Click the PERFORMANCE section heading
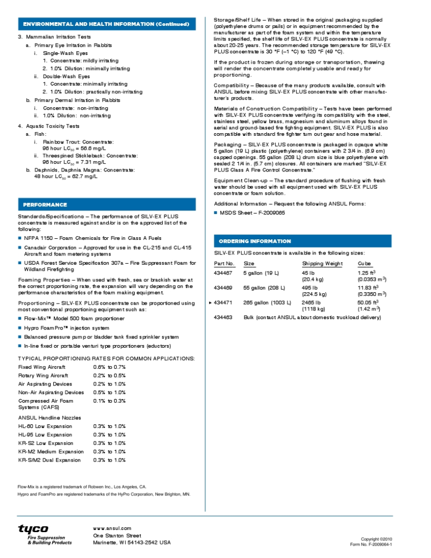(x=45, y=205)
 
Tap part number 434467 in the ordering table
(x=224, y=273)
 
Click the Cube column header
(x=364, y=264)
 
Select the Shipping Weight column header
(x=322, y=264)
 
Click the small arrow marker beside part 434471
(x=211, y=303)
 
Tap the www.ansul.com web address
(x=112, y=528)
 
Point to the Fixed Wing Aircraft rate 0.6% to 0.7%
(x=109, y=367)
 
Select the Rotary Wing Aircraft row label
(x=43, y=375)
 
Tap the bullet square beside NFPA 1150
(x=20, y=238)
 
